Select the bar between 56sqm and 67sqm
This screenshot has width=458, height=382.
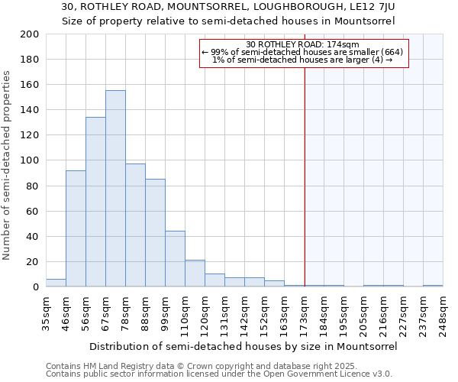coord(95,202)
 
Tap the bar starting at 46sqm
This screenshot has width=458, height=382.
coord(76,228)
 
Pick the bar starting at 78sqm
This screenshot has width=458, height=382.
coord(135,225)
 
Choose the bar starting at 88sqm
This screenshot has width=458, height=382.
coord(155,233)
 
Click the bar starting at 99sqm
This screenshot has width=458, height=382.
coord(175,259)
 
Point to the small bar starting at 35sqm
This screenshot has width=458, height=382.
coord(56,283)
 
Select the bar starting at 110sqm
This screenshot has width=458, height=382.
coord(195,274)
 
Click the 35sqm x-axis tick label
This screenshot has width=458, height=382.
coord(47,311)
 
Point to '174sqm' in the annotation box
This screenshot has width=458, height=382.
coord(331,44)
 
